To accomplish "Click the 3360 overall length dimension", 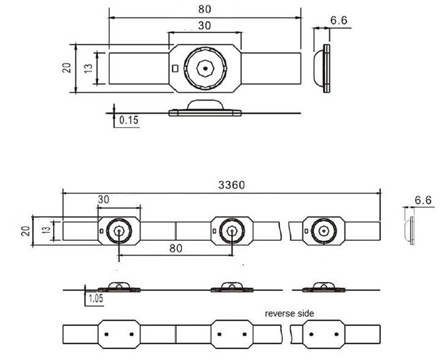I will coord(231,184).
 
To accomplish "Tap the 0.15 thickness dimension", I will coord(128,120).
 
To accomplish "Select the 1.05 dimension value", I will coord(94,297).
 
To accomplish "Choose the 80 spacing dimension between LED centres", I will coord(175,249).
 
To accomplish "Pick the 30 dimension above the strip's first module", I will coord(104,199).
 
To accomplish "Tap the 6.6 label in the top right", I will coord(339,21).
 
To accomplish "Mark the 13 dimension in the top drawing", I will coord(89,67).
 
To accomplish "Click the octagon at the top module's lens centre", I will coord(205,67).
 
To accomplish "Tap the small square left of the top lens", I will coord(176,68).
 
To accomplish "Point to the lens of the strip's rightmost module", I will coord(324,231).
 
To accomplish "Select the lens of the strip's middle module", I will coord(233,231).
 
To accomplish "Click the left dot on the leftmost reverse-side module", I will coord(108,334).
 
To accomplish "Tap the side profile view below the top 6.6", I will coord(323,69).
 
